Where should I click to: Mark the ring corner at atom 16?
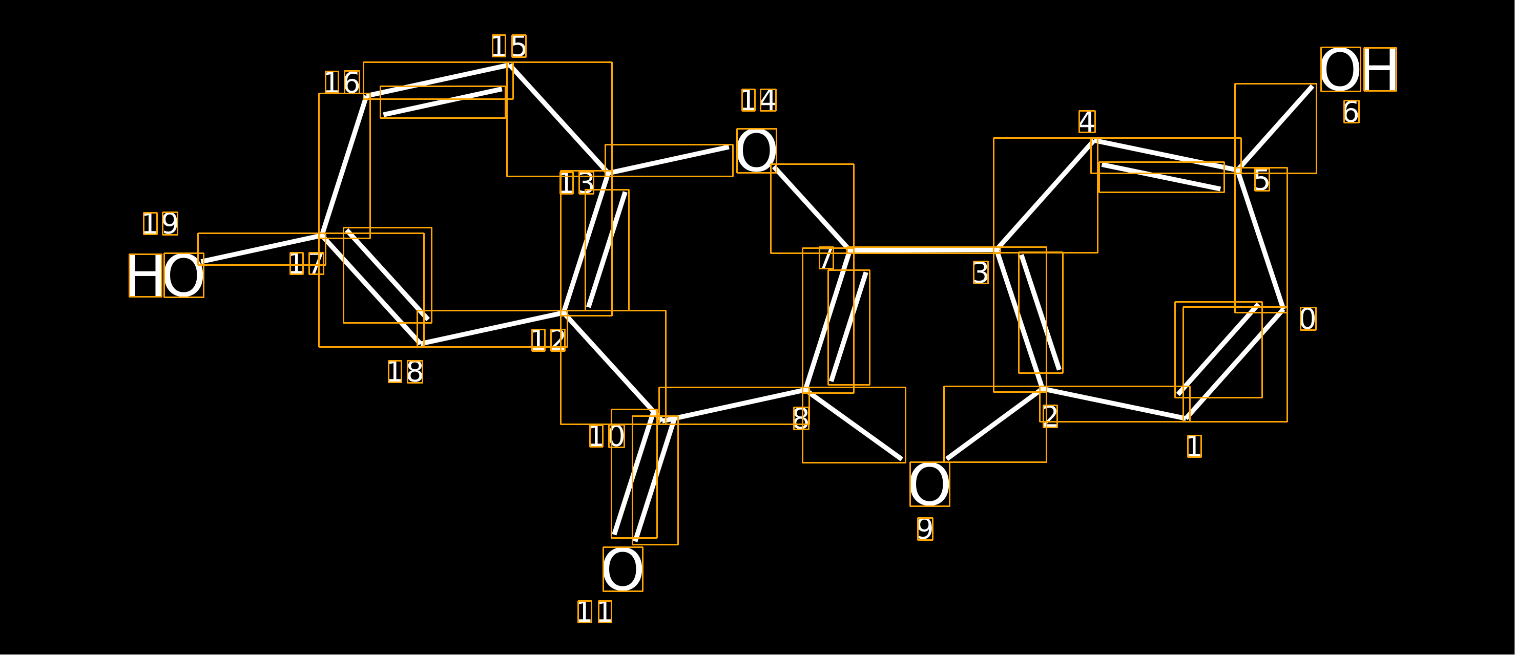tap(366, 96)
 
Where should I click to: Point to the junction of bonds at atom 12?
tap(564, 313)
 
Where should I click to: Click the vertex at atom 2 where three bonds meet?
tap(1043, 389)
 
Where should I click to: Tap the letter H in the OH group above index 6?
tap(1380, 69)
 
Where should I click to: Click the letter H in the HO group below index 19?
tap(146, 275)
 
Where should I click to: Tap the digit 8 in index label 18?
tap(414, 372)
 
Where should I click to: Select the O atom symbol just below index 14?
tap(756, 151)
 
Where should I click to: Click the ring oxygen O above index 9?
tap(930, 484)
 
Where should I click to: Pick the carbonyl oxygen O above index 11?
tap(623, 569)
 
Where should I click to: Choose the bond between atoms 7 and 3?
tap(923, 250)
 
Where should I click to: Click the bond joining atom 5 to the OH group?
tap(1276, 128)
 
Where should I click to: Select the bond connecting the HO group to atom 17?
tap(262, 249)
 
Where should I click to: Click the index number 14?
tap(759, 100)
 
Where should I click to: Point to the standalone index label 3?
tap(981, 273)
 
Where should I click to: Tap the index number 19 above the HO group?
tap(160, 223)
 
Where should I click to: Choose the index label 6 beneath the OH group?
tap(1351, 112)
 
